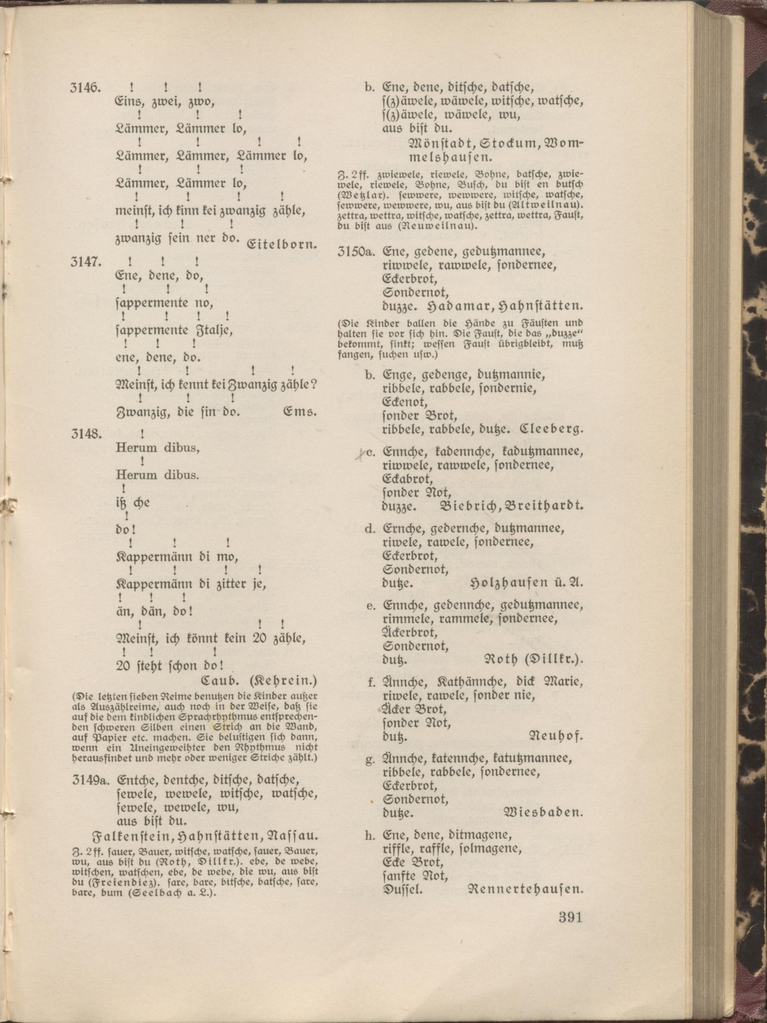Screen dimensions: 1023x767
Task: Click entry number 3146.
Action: click(x=85, y=88)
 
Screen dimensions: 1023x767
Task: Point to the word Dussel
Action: click(x=402, y=889)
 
